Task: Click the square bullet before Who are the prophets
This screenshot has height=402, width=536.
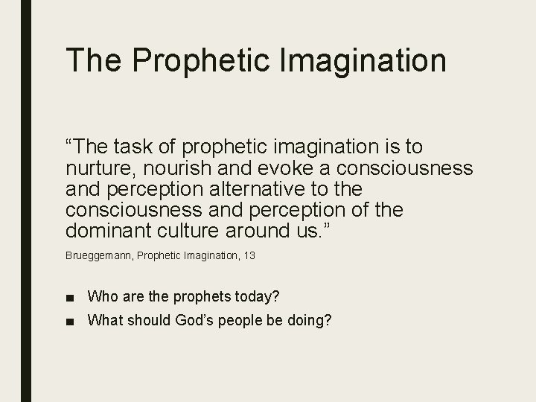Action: click(70, 298)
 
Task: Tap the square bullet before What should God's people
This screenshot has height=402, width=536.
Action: click(70, 322)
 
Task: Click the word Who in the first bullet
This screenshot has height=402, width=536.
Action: click(102, 297)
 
